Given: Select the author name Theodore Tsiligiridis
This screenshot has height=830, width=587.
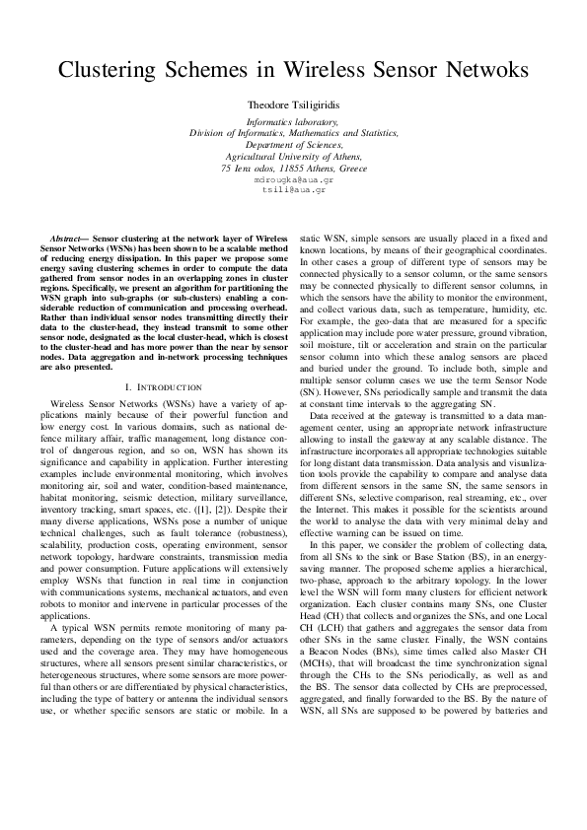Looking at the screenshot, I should (293, 104).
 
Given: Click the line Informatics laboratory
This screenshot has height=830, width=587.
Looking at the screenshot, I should (293, 121).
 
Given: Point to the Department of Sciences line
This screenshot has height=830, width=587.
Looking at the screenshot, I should (293, 145).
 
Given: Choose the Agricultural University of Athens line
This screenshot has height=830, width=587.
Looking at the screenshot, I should (293, 157).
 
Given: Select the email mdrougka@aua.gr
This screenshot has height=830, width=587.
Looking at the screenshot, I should (293, 180).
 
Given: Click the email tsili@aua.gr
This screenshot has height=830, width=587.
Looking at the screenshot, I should (293, 189).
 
